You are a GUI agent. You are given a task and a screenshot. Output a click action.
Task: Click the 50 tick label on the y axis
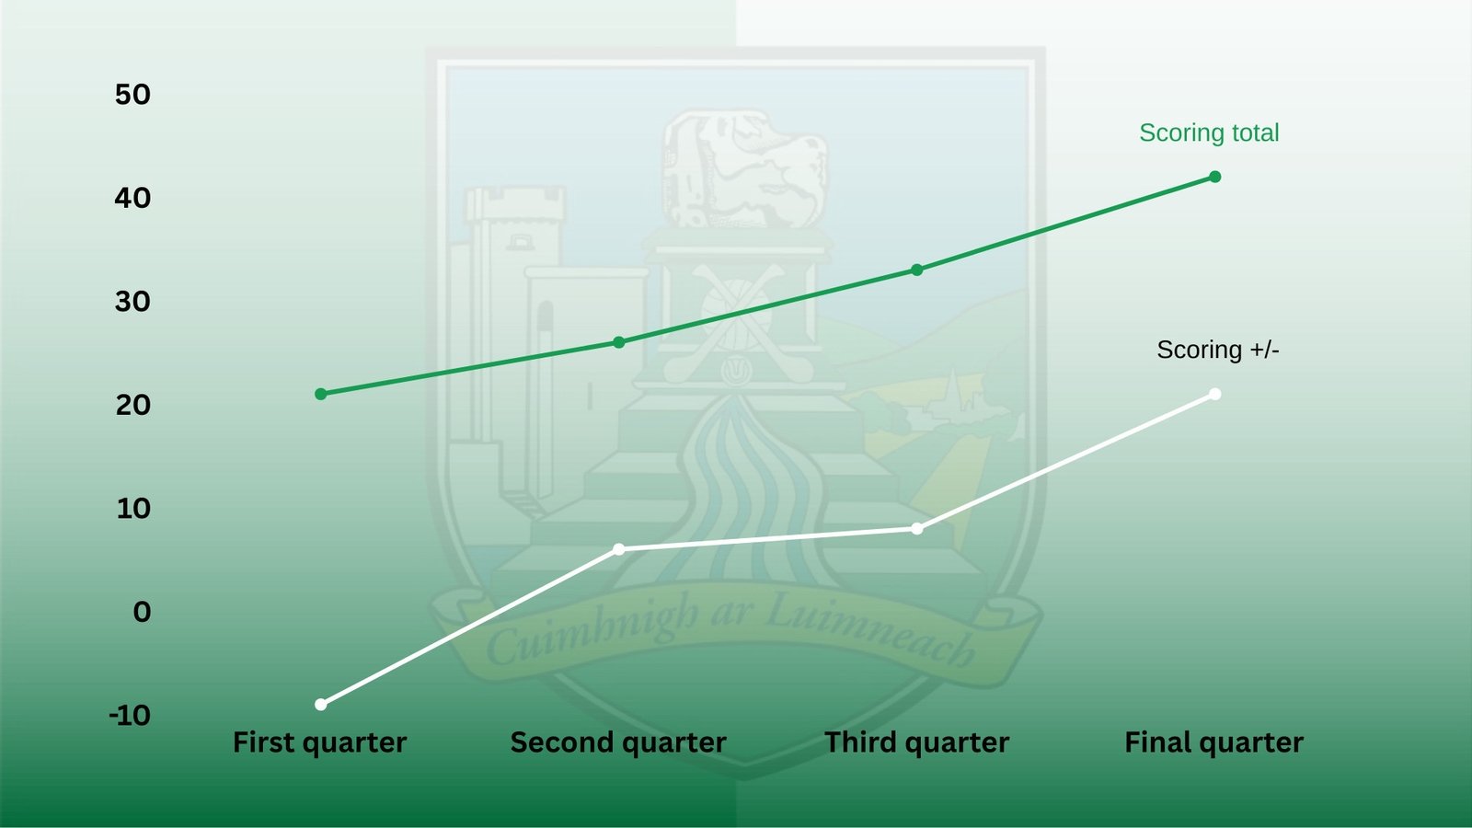pyautogui.click(x=132, y=95)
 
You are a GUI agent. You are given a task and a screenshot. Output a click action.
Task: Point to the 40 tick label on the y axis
pyautogui.click(x=132, y=198)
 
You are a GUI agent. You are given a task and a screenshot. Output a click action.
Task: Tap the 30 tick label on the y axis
pyautogui.click(x=132, y=302)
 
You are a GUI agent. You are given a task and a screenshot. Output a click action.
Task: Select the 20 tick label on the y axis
pyautogui.click(x=132, y=405)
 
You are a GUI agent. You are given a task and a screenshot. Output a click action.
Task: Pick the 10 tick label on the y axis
pyautogui.click(x=133, y=509)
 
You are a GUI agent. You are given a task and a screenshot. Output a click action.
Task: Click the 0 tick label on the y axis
pyautogui.click(x=142, y=612)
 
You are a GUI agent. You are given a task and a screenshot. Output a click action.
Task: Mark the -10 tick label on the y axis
pyautogui.click(x=130, y=716)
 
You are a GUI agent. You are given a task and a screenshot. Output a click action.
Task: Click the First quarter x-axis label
pyautogui.click(x=320, y=743)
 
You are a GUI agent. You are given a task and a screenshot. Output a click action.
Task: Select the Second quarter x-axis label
pyautogui.click(x=618, y=743)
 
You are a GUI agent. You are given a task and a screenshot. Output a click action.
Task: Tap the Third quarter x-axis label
pyautogui.click(x=916, y=743)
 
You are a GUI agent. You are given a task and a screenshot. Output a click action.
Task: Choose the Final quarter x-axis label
pyautogui.click(x=1214, y=743)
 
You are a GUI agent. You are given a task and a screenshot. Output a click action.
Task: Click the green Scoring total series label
pyautogui.click(x=1209, y=132)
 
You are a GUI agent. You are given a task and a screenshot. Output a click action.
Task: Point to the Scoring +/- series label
pyautogui.click(x=1218, y=350)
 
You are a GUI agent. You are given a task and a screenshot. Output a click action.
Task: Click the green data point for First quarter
pyautogui.click(x=321, y=395)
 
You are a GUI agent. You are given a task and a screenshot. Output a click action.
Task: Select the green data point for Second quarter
pyautogui.click(x=619, y=342)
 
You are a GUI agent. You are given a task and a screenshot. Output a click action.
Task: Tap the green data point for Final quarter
pyautogui.click(x=1215, y=177)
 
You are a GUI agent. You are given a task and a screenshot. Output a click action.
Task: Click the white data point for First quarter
pyautogui.click(x=321, y=705)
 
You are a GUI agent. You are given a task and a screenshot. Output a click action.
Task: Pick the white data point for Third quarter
pyautogui.click(x=917, y=529)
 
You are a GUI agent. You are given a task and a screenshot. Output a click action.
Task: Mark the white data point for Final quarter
pyautogui.click(x=1215, y=395)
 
